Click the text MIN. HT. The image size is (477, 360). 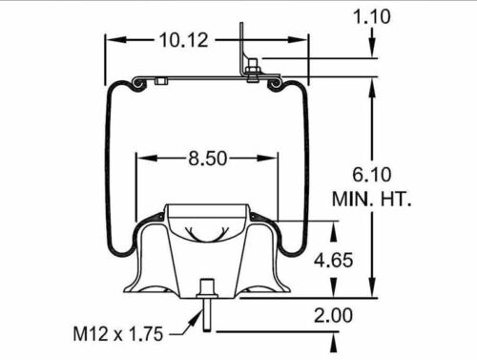pyautogui.click(x=370, y=200)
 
